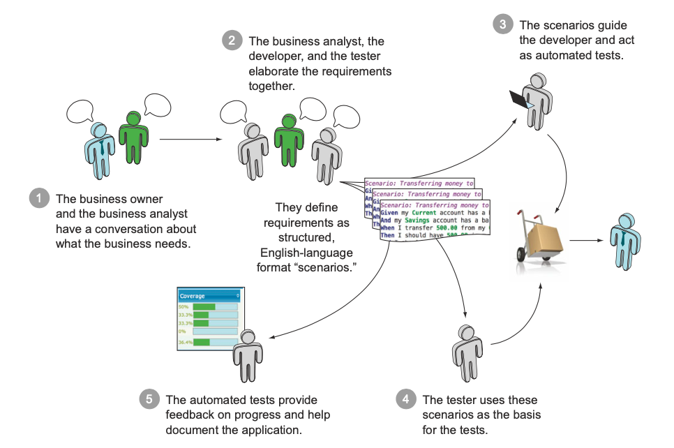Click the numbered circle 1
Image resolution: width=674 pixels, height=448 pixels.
[40, 199]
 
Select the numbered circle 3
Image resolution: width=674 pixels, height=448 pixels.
[503, 25]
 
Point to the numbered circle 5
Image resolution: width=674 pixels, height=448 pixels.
[149, 400]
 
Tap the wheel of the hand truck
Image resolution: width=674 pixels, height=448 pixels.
[521, 253]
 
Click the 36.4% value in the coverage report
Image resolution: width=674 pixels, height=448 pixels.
[184, 343]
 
